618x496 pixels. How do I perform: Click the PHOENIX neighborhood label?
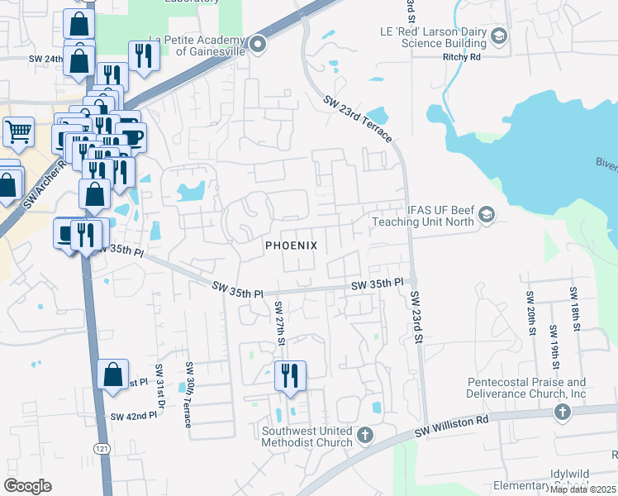click(x=291, y=246)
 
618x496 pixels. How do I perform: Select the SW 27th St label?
click(x=279, y=322)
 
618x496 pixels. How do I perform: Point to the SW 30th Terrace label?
click(x=189, y=394)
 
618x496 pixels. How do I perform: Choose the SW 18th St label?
click(x=572, y=308)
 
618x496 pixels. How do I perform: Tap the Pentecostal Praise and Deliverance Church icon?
click(x=562, y=411)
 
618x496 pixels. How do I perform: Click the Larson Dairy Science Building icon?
click(x=498, y=36)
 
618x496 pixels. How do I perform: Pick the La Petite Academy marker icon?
click(x=258, y=44)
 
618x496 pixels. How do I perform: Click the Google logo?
click(x=27, y=486)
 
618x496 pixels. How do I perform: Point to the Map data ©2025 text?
click(x=583, y=489)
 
